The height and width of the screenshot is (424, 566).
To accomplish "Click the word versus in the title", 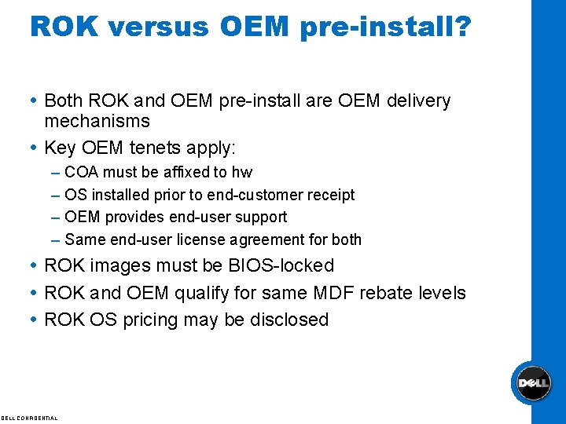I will (x=159, y=27).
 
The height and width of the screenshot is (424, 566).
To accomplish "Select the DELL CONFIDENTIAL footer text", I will (x=29, y=418).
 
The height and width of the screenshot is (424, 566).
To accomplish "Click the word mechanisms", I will (x=97, y=121).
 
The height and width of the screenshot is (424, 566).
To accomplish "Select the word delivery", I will (x=420, y=101).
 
